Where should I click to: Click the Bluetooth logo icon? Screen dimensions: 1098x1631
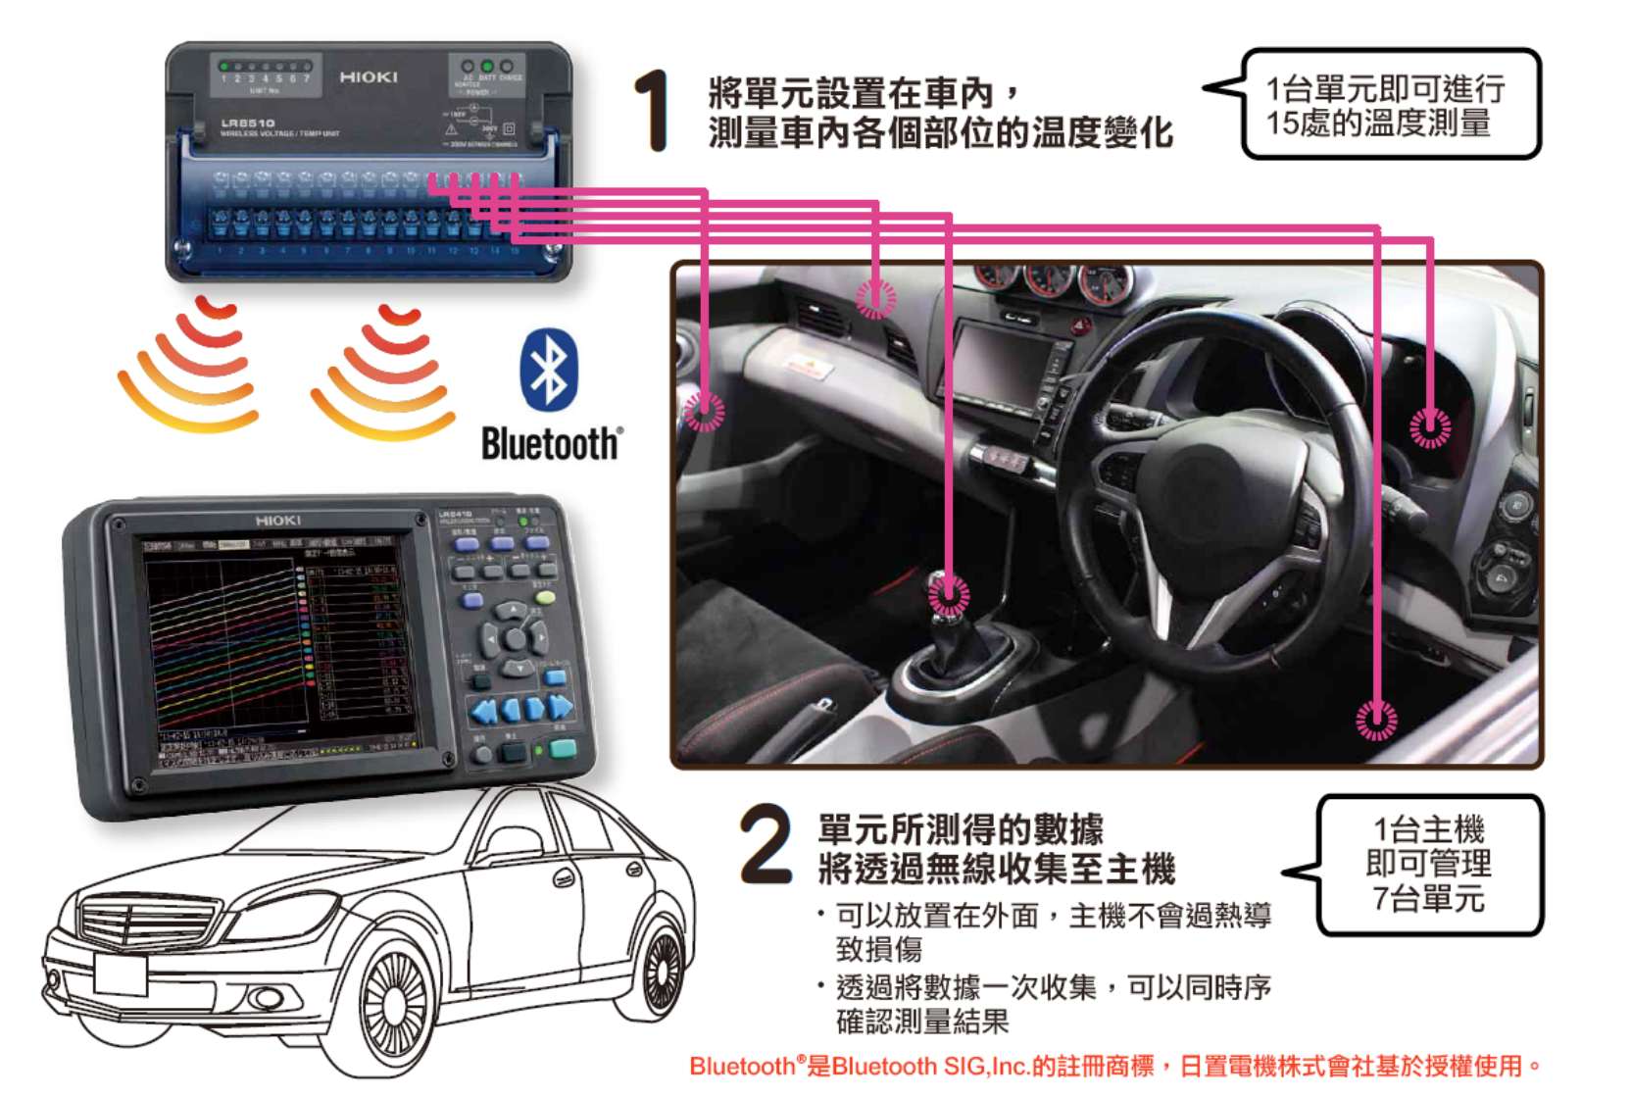[x=549, y=370]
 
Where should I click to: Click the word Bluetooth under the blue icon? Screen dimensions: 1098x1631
[x=551, y=444]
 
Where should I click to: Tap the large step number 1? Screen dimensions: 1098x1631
[x=651, y=110]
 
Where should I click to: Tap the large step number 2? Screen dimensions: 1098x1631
[x=766, y=844]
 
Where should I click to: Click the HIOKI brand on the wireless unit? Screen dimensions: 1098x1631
[x=369, y=76]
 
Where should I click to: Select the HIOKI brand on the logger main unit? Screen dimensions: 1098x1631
[x=277, y=521]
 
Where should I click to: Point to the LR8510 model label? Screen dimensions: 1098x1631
[x=247, y=124]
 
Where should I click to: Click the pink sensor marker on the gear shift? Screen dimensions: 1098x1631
[x=948, y=594]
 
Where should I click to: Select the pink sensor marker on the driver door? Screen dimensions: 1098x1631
[x=1430, y=427]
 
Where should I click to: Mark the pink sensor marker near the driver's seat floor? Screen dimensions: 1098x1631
[x=1376, y=721]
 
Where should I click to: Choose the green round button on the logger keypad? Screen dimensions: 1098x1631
[x=545, y=597]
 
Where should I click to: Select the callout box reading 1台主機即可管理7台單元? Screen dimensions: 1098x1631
[x=1429, y=864]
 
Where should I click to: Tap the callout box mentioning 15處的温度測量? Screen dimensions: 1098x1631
[x=1390, y=105]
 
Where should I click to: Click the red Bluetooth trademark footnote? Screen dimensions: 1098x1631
[x=1115, y=1066]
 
